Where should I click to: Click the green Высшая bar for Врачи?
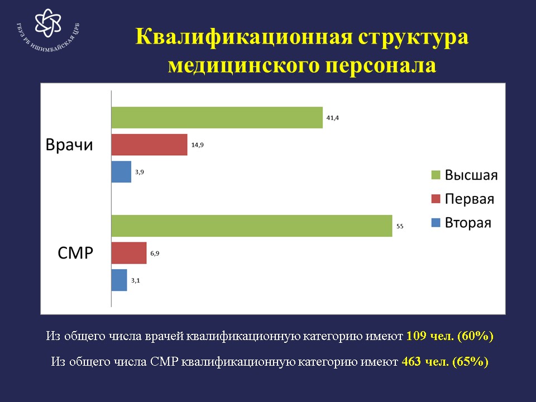[217, 118]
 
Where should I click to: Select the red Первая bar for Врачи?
[150, 145]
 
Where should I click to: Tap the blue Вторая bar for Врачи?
[121, 171]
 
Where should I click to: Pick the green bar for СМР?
[252, 226]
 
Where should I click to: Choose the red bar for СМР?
[129, 253]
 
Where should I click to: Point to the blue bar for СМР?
[119, 280]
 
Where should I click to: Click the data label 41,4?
[333, 118]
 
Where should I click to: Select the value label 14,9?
[197, 145]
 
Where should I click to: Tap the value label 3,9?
[140, 172]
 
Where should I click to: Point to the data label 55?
[400, 226]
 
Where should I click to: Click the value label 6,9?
[155, 253]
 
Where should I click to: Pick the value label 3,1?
[135, 280]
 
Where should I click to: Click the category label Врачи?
[69, 145]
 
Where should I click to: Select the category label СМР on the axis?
[75, 253]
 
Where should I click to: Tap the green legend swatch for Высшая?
[436, 175]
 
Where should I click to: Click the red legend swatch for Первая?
[436, 199]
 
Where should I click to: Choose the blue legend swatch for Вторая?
[436, 223]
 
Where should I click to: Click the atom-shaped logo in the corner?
[48, 23]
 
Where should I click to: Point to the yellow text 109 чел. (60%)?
[450, 336]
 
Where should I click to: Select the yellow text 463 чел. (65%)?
[445, 361]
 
